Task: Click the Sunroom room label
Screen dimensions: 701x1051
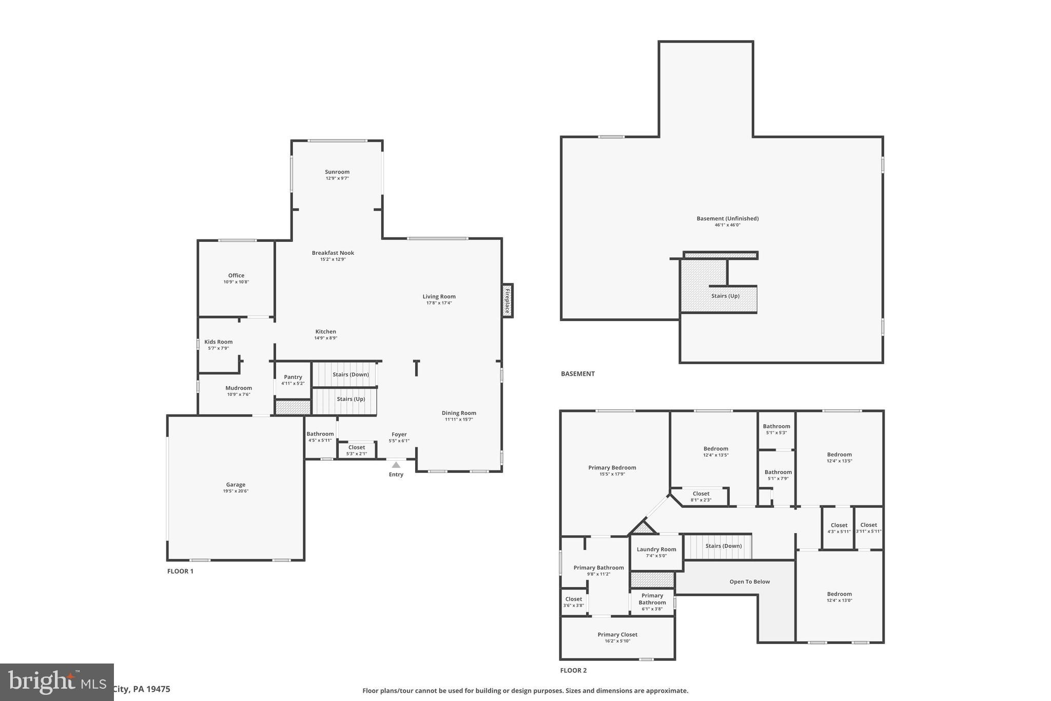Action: (x=337, y=172)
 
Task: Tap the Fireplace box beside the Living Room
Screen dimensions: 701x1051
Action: (x=507, y=301)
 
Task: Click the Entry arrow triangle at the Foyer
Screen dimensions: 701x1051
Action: (x=396, y=465)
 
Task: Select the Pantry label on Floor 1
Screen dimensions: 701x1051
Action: (x=293, y=377)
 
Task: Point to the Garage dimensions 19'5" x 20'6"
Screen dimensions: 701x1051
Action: (x=236, y=491)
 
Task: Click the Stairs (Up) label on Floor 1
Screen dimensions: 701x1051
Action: (x=351, y=399)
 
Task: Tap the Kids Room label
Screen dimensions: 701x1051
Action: (x=218, y=342)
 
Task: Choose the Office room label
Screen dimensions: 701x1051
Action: (x=236, y=276)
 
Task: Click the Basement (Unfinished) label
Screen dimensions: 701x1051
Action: (x=727, y=219)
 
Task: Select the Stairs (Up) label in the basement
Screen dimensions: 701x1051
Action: (x=725, y=296)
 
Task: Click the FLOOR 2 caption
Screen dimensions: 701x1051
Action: (x=573, y=670)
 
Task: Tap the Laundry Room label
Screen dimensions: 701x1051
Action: (x=656, y=550)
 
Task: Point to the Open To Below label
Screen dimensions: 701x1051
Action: (x=749, y=582)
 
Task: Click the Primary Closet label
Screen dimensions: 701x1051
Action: (x=617, y=635)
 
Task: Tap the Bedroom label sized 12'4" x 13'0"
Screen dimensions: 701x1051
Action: (x=839, y=594)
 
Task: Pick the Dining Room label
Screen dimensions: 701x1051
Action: (x=459, y=413)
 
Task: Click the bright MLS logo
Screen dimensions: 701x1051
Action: (x=56, y=681)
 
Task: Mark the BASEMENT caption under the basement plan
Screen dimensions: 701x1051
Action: (x=577, y=374)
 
